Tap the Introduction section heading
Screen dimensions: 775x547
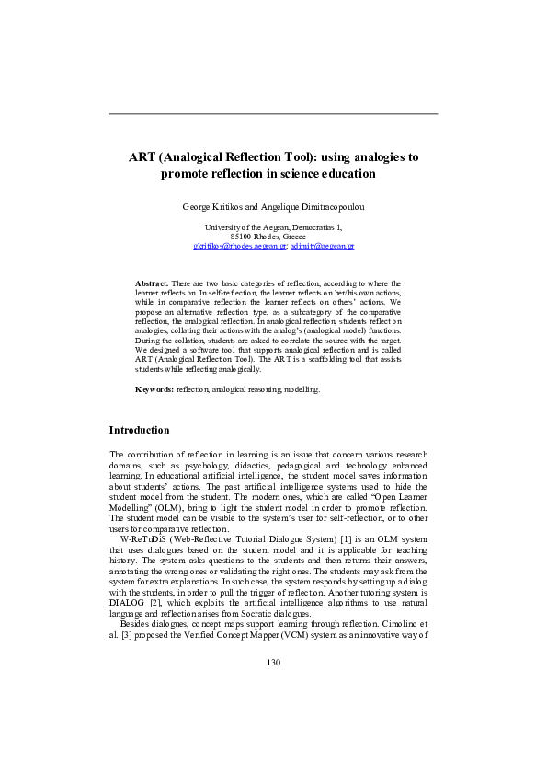tap(139, 430)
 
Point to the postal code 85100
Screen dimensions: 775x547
tap(242, 237)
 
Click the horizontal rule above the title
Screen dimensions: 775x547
tap(273, 113)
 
